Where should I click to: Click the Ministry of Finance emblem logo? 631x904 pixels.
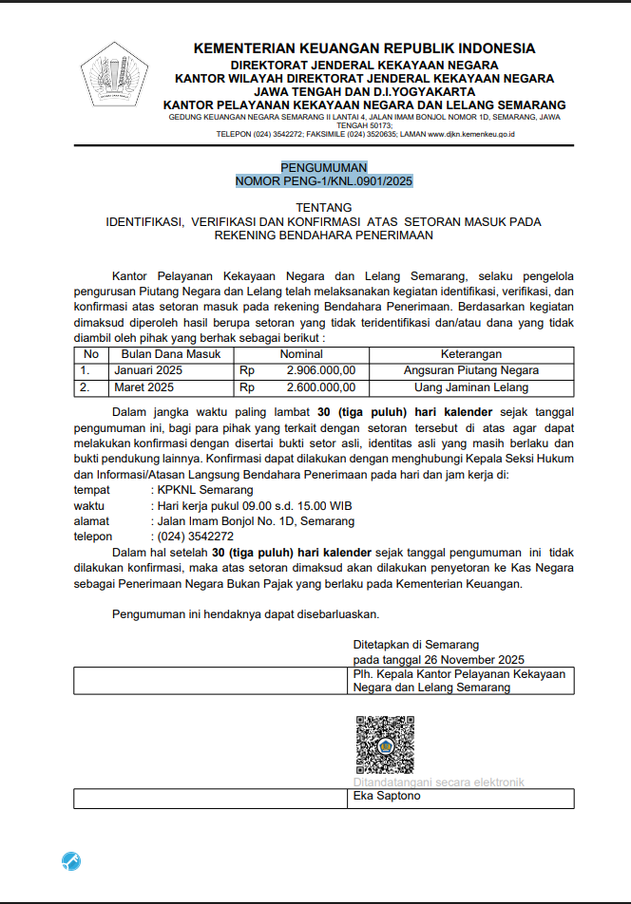114,75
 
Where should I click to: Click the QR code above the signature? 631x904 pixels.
385,744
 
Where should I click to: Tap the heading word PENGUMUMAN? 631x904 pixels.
323,167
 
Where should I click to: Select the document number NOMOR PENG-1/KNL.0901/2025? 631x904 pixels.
324,180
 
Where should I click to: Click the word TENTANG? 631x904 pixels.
324,207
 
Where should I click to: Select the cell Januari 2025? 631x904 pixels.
148,370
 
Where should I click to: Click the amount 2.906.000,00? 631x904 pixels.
321,370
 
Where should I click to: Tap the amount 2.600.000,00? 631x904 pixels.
321,387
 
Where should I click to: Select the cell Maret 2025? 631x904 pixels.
144,387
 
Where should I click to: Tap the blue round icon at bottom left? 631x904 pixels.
71,860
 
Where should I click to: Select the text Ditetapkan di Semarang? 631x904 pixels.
416,644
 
